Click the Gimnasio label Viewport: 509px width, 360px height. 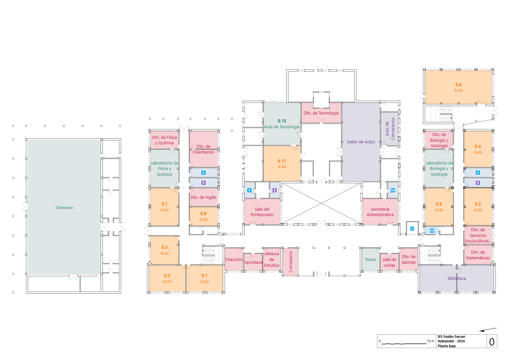pos(64,207)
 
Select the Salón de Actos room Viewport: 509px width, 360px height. pos(361,142)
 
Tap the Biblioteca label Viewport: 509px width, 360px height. pos(456,278)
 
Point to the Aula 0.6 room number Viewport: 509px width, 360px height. pos(458,85)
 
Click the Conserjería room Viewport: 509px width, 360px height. pos(290,262)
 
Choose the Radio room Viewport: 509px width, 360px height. pos(371,259)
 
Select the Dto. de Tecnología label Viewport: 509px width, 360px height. pos(321,113)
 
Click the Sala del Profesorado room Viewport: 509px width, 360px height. pos(262,212)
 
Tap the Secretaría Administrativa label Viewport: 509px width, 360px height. pos(380,212)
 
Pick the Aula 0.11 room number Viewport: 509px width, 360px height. pos(282,161)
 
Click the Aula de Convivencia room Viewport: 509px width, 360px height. pos(390,129)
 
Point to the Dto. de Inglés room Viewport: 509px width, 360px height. pos(204,197)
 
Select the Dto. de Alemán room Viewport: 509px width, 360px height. pos(409,259)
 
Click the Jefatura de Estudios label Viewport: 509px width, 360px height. pos(271,260)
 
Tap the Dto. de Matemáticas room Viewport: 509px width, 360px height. pos(478,255)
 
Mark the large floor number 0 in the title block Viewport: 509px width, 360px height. pos(492,342)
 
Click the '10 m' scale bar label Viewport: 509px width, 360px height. pos(430,341)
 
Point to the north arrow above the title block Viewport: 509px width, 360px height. pos(488,330)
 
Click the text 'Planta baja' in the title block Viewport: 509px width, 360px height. pos(446,346)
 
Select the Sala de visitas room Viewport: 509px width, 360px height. pos(389,262)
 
